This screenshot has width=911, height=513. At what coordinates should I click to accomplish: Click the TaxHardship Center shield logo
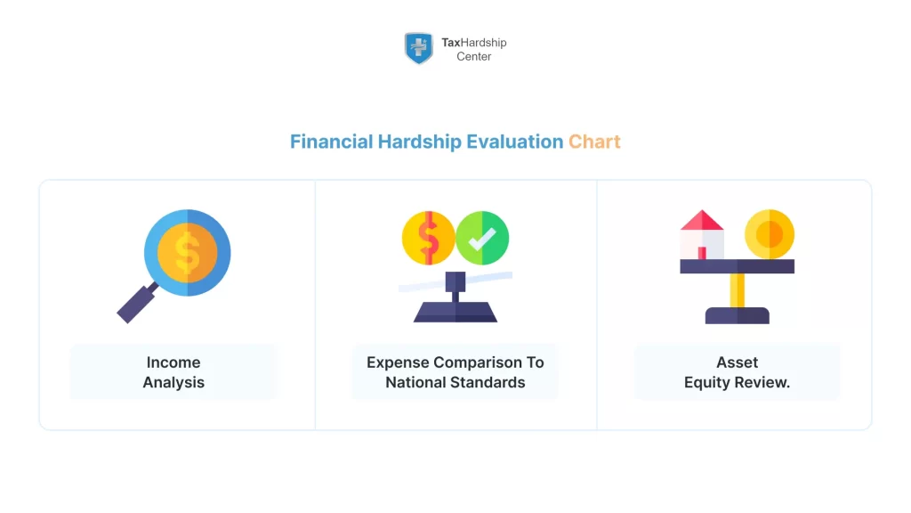coord(418,48)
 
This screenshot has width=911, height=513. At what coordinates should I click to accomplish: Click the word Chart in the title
coord(594,142)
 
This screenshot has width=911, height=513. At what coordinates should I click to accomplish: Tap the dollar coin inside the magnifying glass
coord(187,252)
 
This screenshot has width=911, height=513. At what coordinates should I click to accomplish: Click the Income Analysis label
coord(173,372)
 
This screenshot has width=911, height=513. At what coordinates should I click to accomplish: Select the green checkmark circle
coord(482,238)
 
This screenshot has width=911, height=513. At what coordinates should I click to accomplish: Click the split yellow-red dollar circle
coord(428,238)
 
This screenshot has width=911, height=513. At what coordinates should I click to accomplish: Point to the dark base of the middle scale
coord(455,311)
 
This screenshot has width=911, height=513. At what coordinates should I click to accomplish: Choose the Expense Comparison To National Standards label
coord(455,372)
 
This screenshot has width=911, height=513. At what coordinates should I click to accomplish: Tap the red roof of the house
coord(702,220)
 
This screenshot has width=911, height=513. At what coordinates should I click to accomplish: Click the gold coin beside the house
coord(769,234)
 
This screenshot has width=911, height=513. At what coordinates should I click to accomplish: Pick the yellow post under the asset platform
coord(737,290)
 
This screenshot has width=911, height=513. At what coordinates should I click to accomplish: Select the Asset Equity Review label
coord(737,372)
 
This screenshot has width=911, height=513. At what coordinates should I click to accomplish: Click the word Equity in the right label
coord(709,383)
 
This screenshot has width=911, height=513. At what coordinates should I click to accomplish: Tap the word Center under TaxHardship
coord(474,56)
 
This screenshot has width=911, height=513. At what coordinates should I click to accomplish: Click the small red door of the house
coord(702,253)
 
